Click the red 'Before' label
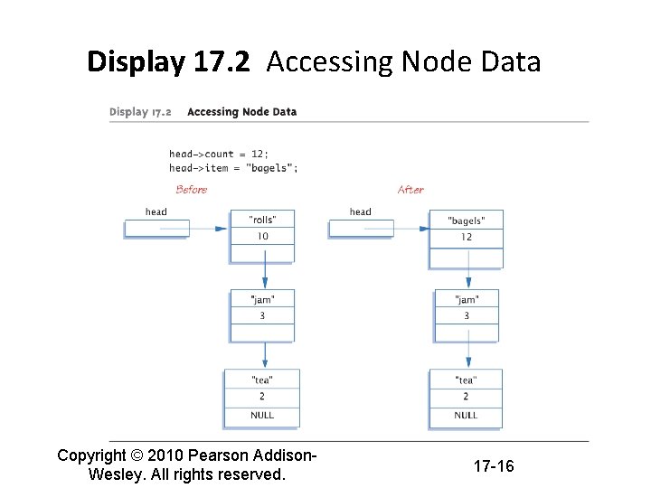point(191,190)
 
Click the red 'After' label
point(410,190)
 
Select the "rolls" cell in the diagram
point(262,220)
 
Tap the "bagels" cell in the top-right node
point(466,221)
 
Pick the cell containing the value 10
point(262,237)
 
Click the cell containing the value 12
point(466,237)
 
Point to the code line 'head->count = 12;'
point(219,154)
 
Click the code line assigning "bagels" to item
point(233,167)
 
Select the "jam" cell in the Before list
point(262,299)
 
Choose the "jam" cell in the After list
point(466,299)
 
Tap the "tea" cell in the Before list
point(262,380)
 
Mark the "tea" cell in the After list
point(466,380)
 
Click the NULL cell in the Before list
point(262,415)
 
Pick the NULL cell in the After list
point(466,415)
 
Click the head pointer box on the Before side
point(156,229)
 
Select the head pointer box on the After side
point(361,229)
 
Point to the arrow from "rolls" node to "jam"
point(263,269)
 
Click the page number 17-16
point(494,466)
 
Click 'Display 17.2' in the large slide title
point(168,62)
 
